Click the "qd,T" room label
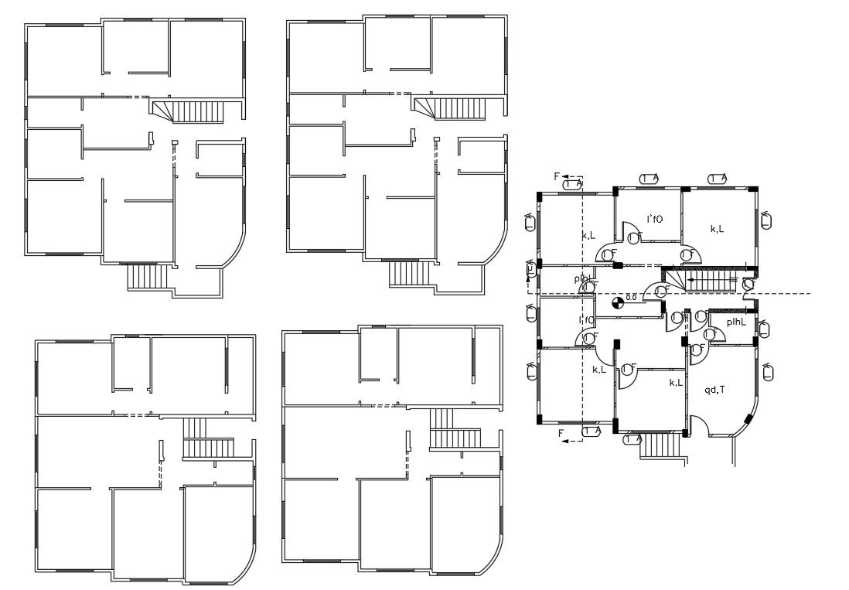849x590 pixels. tap(714, 390)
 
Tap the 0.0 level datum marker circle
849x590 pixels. tap(617, 302)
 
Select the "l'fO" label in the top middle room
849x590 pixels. tap(653, 219)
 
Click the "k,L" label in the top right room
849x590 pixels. tap(717, 229)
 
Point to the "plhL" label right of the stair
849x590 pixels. tap(735, 322)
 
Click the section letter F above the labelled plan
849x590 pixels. tap(557, 176)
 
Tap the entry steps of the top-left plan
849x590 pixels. tap(147, 276)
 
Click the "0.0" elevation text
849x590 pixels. tap(630, 297)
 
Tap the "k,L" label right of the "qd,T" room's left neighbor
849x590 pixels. tap(675, 383)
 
